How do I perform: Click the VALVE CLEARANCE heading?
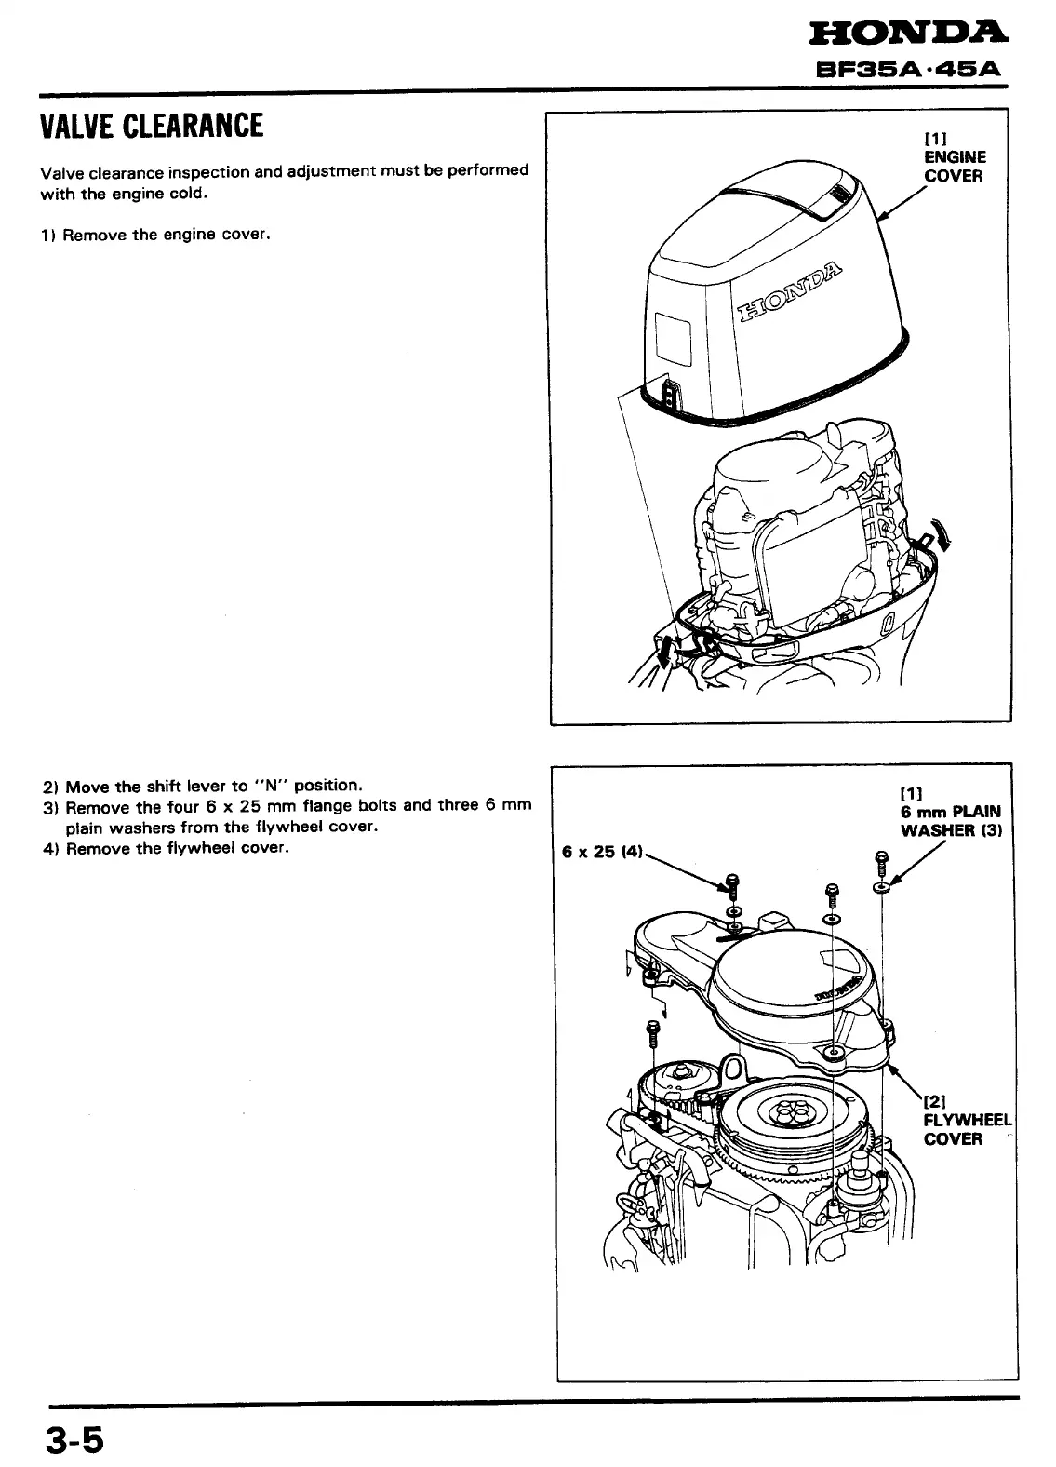(x=152, y=125)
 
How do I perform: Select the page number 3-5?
(x=74, y=1437)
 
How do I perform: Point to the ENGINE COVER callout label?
(x=954, y=167)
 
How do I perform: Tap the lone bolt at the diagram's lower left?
(x=652, y=1032)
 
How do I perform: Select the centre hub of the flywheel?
(x=790, y=1110)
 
